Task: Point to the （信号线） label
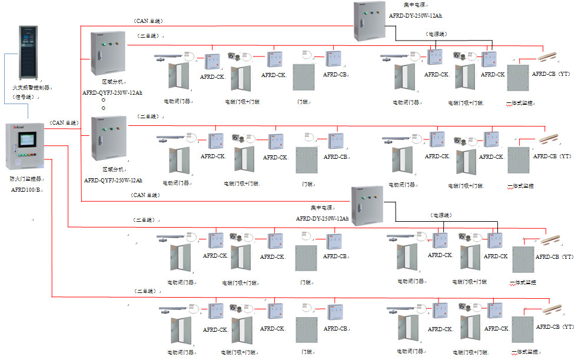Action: tap(24, 96)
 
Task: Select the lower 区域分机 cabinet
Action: tap(108, 138)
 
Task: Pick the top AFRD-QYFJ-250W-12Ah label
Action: tap(112, 92)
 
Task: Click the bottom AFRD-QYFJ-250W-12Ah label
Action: tap(113, 181)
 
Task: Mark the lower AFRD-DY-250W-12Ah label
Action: tap(322, 218)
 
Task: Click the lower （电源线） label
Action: tap(441, 215)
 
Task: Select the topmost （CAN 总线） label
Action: tap(147, 21)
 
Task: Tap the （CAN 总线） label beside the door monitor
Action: tap(64, 122)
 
